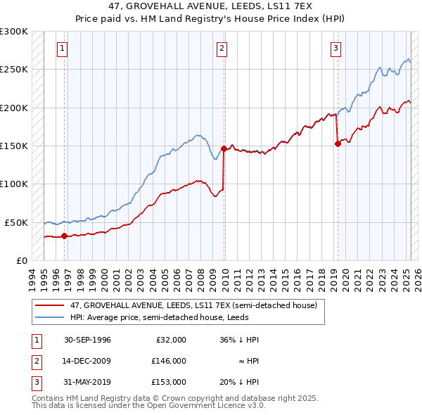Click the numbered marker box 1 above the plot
click(63, 49)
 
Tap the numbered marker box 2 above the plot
click(222, 49)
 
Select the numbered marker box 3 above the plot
click(335, 49)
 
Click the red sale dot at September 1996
click(64, 236)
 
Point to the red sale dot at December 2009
click(224, 148)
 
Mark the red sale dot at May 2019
click(338, 143)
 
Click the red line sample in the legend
click(49, 305)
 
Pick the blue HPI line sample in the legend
click(49, 317)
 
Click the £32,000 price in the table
click(170, 340)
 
